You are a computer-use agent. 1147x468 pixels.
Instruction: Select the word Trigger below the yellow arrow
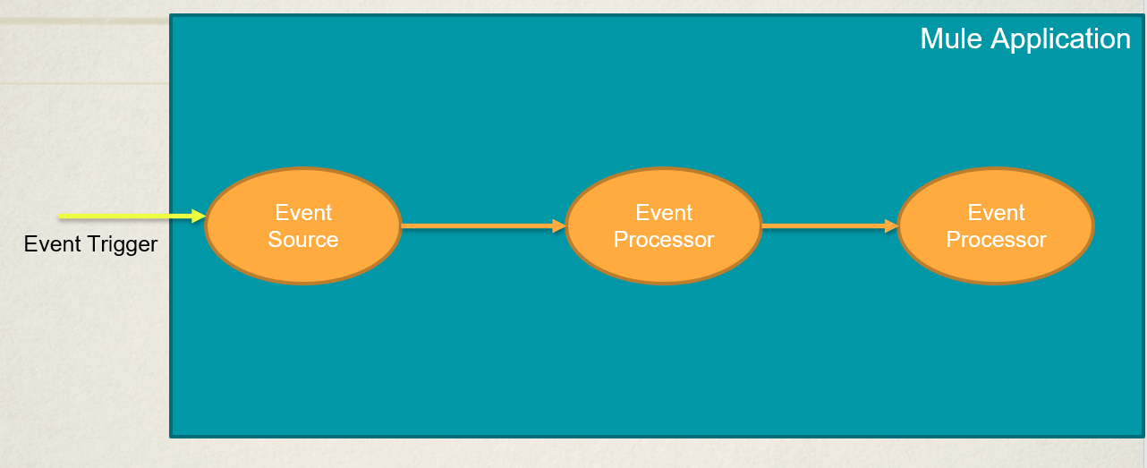pos(124,244)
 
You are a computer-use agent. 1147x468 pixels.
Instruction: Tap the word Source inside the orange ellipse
pos(303,240)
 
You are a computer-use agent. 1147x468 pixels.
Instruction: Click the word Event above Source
pos(303,213)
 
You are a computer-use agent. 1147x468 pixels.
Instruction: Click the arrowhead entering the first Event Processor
pos(560,226)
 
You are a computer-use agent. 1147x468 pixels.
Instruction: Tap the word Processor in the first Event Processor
pos(664,240)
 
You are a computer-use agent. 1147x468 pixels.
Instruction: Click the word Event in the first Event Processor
pos(664,213)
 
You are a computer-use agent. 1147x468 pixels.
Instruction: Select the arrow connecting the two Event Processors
pos(823,226)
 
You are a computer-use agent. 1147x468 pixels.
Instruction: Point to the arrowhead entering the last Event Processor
pos(892,226)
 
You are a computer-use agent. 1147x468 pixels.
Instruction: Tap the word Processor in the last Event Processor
pos(996,240)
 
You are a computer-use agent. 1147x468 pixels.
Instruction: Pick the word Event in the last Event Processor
pos(996,213)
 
